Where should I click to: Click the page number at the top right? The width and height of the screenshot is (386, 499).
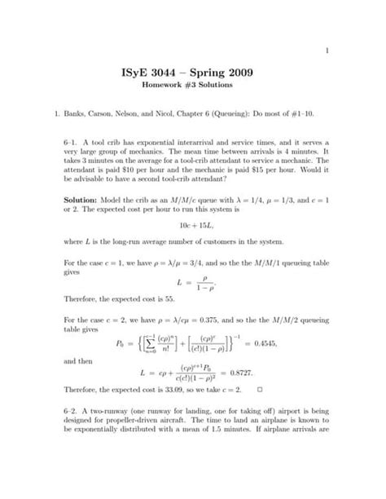tap(327, 31)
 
